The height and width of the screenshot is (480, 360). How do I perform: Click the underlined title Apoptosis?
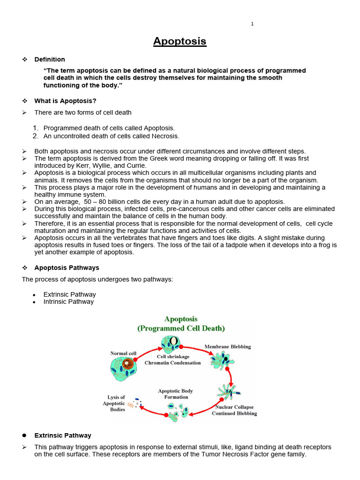pos(180,41)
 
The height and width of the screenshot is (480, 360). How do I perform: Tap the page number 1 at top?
pos(252,24)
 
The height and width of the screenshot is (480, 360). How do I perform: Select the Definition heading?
pos(50,60)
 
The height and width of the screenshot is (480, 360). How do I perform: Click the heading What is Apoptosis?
pos(65,101)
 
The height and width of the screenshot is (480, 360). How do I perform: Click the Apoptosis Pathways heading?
pos(67,268)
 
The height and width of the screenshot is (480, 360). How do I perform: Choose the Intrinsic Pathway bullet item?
pos(68,302)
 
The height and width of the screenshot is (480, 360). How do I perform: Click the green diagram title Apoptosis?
pos(180,319)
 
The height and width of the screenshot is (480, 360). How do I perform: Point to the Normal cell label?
pos(123,353)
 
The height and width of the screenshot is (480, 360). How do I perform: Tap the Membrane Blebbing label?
pos(227,347)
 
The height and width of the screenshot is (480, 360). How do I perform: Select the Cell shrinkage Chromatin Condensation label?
pos(172,360)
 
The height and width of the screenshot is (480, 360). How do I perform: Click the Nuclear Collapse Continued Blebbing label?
pos(234,411)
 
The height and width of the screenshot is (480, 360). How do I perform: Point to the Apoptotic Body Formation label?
pos(175,394)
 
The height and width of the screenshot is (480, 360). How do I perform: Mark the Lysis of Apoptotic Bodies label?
pos(114,404)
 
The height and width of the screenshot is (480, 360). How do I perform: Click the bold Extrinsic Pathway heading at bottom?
pos(63,435)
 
